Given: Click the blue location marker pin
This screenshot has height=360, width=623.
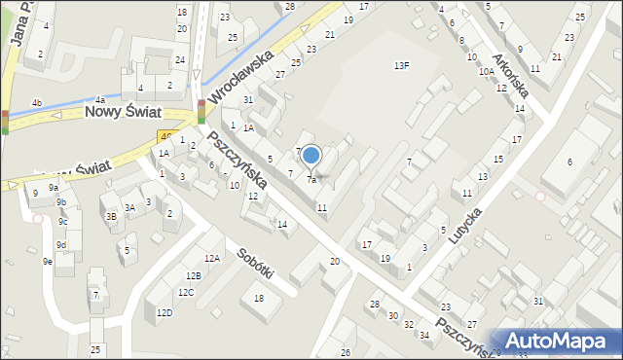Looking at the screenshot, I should pyautogui.click(x=311, y=156).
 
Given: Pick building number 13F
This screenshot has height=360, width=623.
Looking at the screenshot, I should pyautogui.click(x=401, y=65).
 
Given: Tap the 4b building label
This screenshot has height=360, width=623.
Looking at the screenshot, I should pyautogui.click(x=37, y=102).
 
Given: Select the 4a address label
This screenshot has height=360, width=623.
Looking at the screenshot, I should pyautogui.click(x=99, y=99).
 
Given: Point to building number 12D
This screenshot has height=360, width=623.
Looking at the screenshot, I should pyautogui.click(x=165, y=312).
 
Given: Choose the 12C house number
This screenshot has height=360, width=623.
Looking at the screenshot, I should pyautogui.click(x=185, y=292).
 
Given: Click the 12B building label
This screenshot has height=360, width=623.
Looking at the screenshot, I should pyautogui.click(x=194, y=276).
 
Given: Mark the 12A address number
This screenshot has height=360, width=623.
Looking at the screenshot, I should pyautogui.click(x=212, y=258).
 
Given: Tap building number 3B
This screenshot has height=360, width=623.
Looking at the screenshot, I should pyautogui.click(x=111, y=216).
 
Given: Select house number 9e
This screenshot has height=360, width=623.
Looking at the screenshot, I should pyautogui.click(x=47, y=261).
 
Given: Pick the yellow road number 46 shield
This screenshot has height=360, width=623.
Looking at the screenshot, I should pyautogui.click(x=167, y=138).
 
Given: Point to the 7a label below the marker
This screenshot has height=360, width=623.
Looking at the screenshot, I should pyautogui.click(x=311, y=180).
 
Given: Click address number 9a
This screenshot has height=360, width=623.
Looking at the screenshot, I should pyautogui.click(x=55, y=187).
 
